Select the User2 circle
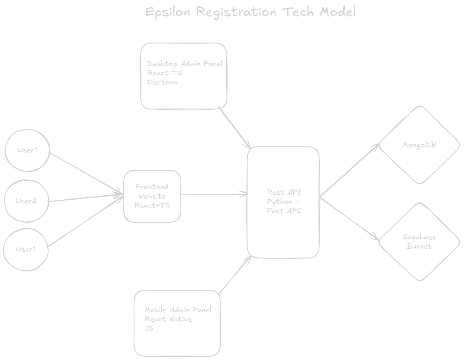(x=26, y=201)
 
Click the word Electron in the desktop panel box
(x=162, y=82)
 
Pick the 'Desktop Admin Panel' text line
(x=185, y=64)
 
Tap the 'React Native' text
(x=168, y=319)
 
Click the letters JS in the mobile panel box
(x=149, y=328)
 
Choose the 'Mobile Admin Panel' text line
(x=178, y=310)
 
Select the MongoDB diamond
(x=419, y=145)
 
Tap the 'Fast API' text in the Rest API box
(x=284, y=211)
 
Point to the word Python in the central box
(x=280, y=202)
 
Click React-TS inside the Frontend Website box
(x=152, y=205)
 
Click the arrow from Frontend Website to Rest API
(x=214, y=194)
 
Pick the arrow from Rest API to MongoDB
(x=349, y=170)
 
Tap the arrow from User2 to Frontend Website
(x=86, y=198)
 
